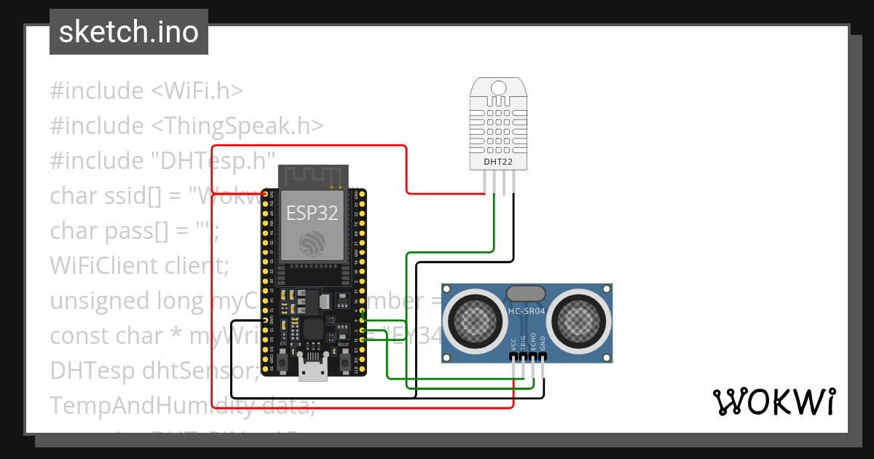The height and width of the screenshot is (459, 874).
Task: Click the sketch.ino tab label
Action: [128, 32]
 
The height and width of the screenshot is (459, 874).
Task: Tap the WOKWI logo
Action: [773, 401]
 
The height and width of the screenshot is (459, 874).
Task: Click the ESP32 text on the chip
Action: [312, 213]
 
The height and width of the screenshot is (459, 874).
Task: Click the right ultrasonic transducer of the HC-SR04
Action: [580, 318]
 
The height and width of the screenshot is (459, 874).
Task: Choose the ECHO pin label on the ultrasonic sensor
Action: [533, 343]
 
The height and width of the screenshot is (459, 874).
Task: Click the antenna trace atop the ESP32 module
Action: [312, 177]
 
